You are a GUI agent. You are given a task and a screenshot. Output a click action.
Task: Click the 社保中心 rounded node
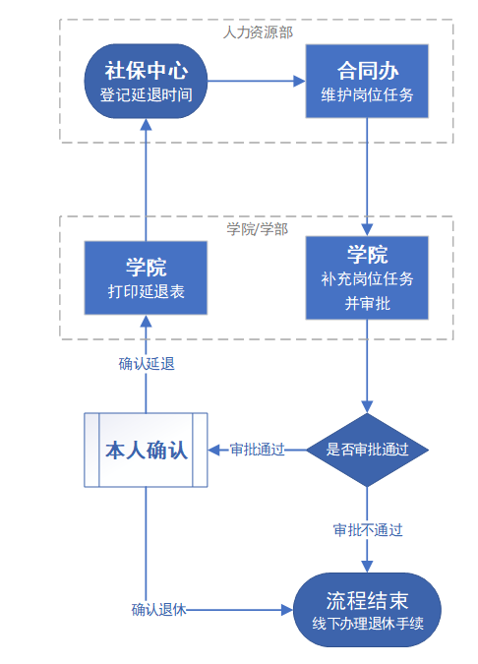tap(146, 81)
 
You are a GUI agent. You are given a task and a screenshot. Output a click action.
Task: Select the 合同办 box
tap(367, 81)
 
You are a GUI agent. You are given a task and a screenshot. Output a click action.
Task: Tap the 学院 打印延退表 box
tap(146, 277)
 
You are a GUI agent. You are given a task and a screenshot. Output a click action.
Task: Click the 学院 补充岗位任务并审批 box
tap(367, 277)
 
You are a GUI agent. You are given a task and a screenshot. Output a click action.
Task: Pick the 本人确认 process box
tap(146, 450)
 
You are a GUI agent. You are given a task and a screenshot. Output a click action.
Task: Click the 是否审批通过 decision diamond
tap(367, 450)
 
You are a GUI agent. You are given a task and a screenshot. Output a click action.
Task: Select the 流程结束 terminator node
tap(367, 610)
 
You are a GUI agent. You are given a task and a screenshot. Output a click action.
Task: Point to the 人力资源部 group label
tap(258, 32)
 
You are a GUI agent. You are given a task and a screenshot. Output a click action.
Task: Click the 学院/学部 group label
tap(258, 229)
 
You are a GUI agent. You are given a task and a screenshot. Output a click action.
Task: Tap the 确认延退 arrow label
tap(147, 364)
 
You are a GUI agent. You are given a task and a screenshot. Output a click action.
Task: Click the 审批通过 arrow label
tap(257, 450)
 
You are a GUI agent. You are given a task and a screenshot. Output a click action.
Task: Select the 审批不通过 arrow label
tap(368, 530)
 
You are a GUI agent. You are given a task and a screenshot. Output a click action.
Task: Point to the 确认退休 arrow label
tap(158, 610)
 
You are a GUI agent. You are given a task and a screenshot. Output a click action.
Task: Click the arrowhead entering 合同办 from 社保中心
tap(299, 81)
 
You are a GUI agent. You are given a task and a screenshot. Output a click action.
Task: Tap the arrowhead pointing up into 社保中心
tap(146, 125)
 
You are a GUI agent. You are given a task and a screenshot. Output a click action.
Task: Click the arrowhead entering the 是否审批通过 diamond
tap(367, 406)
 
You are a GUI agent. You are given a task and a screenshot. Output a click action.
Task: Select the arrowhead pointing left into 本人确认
tap(214, 450)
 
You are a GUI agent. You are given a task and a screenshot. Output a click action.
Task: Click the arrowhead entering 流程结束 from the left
tap(287, 610)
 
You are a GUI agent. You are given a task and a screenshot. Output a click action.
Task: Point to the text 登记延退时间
tap(147, 94)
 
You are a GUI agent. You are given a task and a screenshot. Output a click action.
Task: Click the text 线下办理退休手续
tap(368, 624)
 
